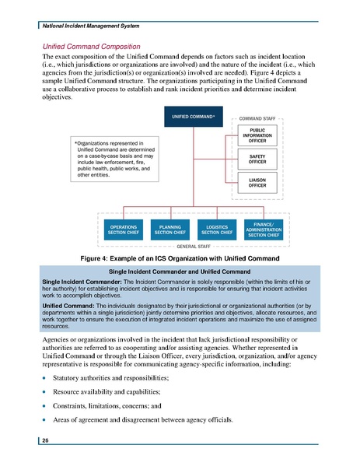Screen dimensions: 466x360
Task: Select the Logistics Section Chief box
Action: (215, 229)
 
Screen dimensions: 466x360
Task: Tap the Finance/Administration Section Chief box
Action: (262, 229)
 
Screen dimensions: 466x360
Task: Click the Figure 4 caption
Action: (180, 257)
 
